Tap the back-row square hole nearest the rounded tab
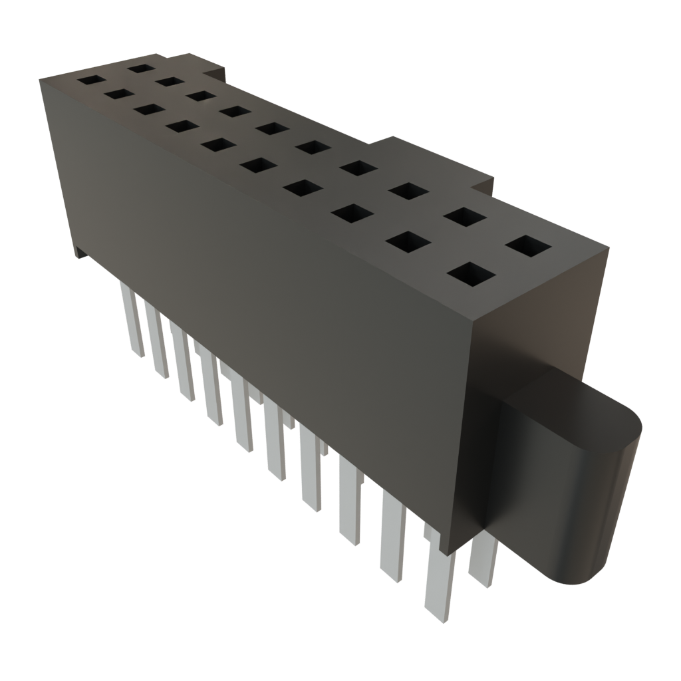pyautogui.click(x=529, y=246)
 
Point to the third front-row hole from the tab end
pyautogui.click(x=353, y=213)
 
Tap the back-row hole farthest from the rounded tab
pyautogui.click(x=141, y=67)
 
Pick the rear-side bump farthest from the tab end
pyautogui.click(x=219, y=68)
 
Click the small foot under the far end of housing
pyautogui.click(x=80, y=252)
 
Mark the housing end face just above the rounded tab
pyautogui.click(x=532, y=333)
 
